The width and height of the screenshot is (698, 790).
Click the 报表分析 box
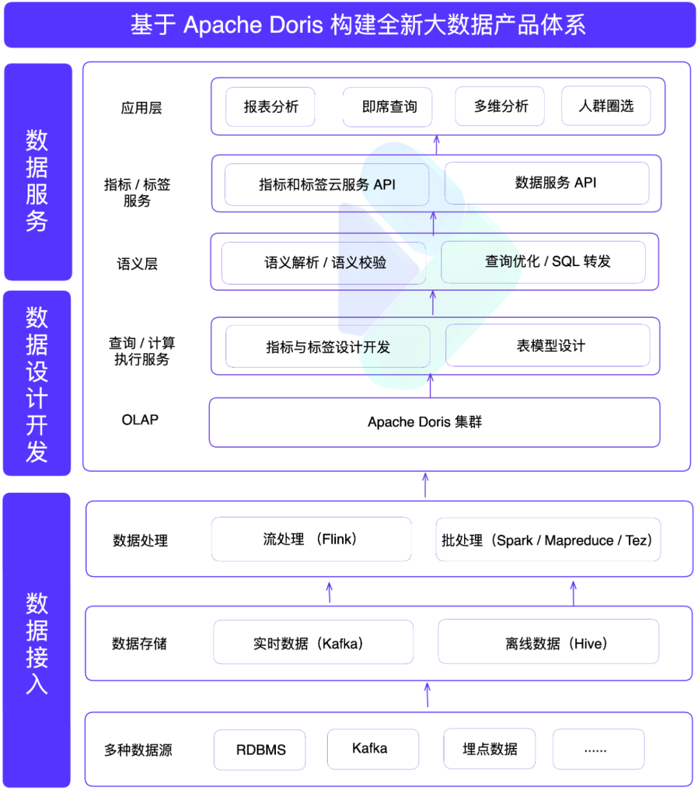tap(270, 107)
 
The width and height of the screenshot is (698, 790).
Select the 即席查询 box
tap(388, 107)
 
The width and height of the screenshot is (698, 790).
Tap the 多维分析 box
tap(500, 106)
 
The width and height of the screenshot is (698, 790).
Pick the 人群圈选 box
tap(606, 106)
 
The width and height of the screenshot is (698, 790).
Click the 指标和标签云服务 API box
tap(327, 185)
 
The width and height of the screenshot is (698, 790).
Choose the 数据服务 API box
tap(547, 183)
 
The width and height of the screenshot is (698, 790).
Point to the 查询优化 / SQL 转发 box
tap(543, 262)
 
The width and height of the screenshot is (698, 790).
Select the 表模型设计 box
tap(548, 346)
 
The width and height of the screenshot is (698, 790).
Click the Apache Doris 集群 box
tap(434, 422)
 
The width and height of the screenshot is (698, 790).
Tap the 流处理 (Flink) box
tap(312, 539)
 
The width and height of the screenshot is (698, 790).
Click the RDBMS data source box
tap(260, 749)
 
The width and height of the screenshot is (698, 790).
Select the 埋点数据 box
tap(490, 749)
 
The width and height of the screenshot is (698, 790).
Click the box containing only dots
tap(598, 749)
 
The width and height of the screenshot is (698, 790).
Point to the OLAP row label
tap(140, 420)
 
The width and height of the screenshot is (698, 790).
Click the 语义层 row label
tap(137, 264)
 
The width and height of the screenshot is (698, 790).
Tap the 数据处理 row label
tap(140, 541)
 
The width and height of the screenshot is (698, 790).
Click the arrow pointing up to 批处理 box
tap(573, 592)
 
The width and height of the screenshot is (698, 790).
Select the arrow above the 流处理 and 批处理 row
tap(425, 484)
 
